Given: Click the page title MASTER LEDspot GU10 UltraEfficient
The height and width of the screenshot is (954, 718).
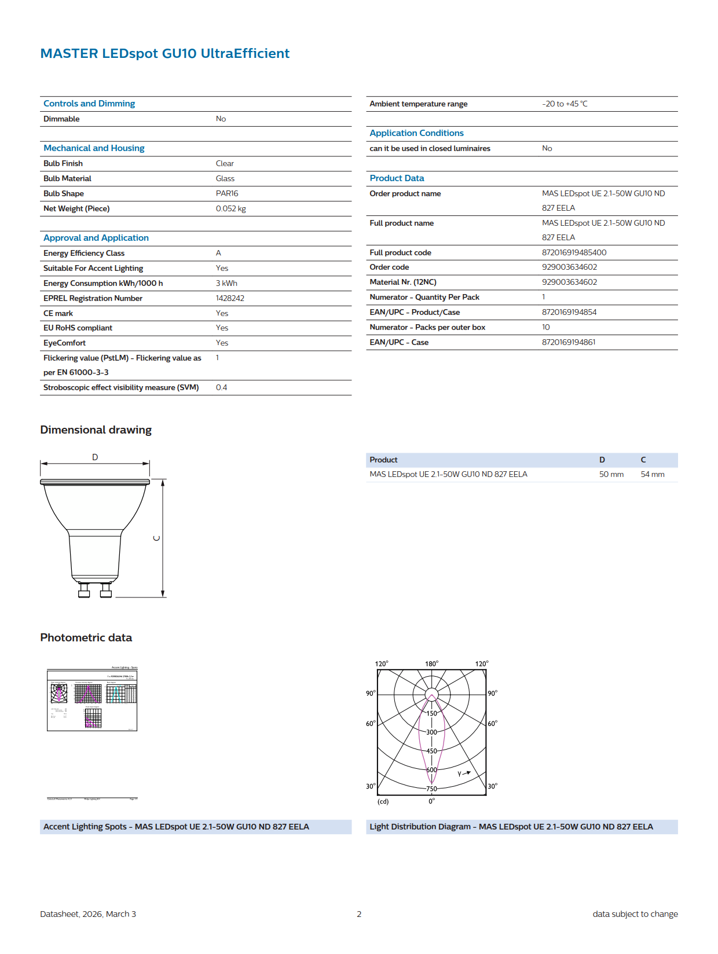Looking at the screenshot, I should pyautogui.click(x=164, y=53).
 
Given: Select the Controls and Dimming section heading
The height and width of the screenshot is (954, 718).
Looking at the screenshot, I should pyautogui.click(x=89, y=104).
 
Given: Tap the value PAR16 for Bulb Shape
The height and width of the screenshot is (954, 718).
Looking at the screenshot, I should pyautogui.click(x=227, y=193).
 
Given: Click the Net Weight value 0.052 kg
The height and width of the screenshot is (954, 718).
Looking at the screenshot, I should pyautogui.click(x=230, y=208).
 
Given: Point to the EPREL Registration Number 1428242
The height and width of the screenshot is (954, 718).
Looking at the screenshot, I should pyautogui.click(x=230, y=298).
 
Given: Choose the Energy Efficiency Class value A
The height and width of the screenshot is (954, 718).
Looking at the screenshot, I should pyautogui.click(x=218, y=253).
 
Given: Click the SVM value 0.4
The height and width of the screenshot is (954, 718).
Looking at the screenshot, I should pyautogui.click(x=221, y=387).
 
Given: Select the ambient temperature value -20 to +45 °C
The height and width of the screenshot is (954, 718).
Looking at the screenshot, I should pyautogui.click(x=565, y=104).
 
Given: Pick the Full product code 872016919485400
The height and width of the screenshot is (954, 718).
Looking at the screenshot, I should pyautogui.click(x=574, y=252).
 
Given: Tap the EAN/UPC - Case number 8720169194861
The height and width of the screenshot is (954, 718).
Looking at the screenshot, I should pyautogui.click(x=568, y=342).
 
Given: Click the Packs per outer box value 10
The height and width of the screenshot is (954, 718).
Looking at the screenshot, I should pyautogui.click(x=545, y=327).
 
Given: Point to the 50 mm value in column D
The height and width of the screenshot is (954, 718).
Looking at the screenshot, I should pyautogui.click(x=611, y=474).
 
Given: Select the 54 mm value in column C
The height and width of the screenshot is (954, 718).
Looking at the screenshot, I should pyautogui.click(x=652, y=474).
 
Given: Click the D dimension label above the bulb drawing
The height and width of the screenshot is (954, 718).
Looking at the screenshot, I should pyautogui.click(x=95, y=457).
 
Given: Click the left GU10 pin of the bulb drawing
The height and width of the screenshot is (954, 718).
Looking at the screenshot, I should pyautogui.click(x=84, y=590).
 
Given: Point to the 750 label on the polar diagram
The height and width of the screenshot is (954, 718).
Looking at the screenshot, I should pyautogui.click(x=431, y=788).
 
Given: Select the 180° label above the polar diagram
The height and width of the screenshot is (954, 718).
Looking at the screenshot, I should pyautogui.click(x=431, y=664).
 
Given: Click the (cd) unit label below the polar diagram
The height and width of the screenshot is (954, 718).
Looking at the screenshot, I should pyautogui.click(x=383, y=802).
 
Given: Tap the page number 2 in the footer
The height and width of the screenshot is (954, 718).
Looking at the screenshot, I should pyautogui.click(x=359, y=914).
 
